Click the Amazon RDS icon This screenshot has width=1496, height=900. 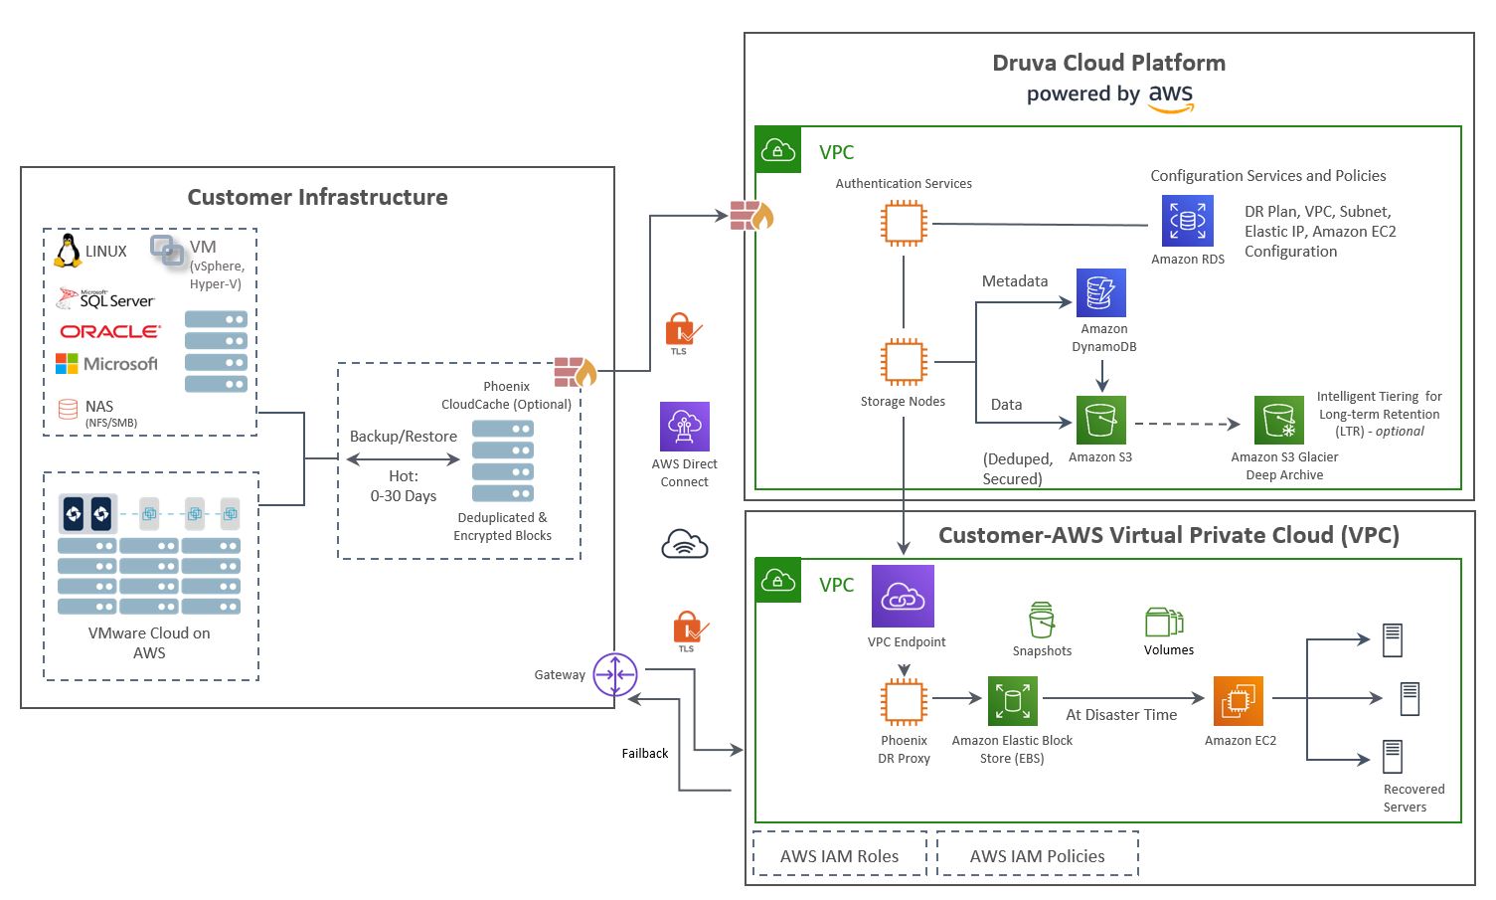(1187, 221)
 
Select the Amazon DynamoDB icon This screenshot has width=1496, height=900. (1101, 292)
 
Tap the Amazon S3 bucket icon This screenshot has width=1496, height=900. (1100, 421)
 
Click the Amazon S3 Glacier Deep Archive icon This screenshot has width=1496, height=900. (1279, 421)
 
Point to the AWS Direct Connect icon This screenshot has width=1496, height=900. (685, 427)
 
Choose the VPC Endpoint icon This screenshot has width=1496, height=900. (903, 597)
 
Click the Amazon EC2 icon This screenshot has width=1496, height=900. (1239, 701)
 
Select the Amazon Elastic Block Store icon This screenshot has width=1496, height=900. (1012, 701)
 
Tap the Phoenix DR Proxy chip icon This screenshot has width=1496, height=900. (904, 702)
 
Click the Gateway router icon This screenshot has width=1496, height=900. (615, 675)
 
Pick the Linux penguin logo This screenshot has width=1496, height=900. (68, 251)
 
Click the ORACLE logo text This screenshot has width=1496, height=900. (109, 331)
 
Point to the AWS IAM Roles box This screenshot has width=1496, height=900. (839, 855)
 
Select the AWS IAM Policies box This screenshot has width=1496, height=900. (1037, 855)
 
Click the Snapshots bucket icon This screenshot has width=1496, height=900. (1041, 621)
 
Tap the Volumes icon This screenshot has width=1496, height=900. (1164, 623)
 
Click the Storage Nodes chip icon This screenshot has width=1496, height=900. (904, 362)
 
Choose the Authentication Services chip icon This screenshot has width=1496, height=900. (904, 224)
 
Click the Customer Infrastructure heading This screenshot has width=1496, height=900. (317, 197)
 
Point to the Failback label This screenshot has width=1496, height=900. (645, 753)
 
